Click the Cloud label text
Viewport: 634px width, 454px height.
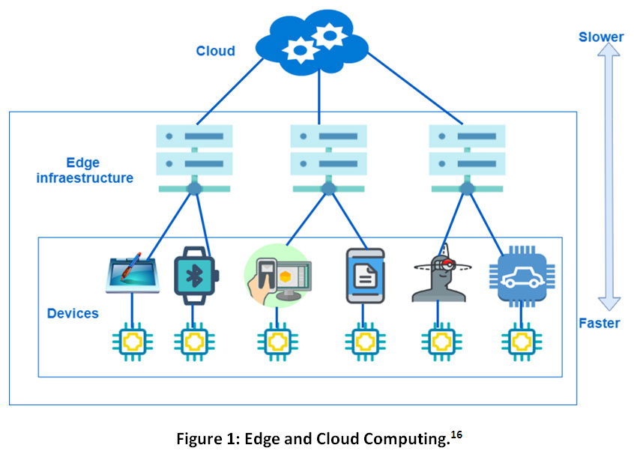click(215, 51)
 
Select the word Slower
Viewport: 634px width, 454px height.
click(601, 37)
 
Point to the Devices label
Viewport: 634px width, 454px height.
click(73, 313)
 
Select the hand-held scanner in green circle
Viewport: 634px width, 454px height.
click(278, 275)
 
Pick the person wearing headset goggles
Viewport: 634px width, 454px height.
click(439, 273)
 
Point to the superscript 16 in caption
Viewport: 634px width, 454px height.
click(456, 432)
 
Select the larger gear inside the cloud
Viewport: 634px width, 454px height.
click(328, 34)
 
